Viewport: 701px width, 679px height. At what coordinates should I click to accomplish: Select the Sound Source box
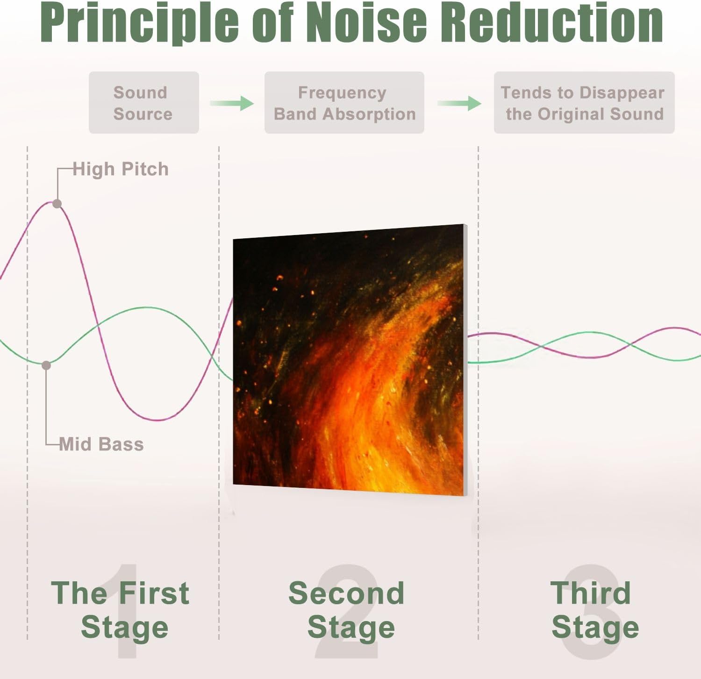144,103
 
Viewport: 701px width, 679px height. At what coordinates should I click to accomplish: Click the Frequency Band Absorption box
344,103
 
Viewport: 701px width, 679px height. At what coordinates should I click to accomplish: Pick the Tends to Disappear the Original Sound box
584,103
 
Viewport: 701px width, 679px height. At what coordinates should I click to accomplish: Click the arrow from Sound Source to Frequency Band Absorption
232,103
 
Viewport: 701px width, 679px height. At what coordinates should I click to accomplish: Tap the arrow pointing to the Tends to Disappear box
459,103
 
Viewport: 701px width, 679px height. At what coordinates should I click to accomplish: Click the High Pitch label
121,169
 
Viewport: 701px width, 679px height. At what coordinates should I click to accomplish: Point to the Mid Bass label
101,444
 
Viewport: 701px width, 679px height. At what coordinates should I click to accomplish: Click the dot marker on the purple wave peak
57,204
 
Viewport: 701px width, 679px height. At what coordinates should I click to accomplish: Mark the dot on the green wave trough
46,365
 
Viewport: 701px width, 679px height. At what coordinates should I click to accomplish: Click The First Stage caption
121,610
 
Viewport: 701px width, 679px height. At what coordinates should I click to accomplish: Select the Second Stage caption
347,610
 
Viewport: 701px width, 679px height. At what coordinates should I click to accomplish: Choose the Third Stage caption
594,610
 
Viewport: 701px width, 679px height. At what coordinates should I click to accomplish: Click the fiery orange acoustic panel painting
348,360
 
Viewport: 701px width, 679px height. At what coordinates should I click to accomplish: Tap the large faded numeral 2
347,612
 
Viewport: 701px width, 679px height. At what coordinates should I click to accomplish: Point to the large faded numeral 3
592,612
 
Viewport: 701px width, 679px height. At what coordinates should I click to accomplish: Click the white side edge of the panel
465,360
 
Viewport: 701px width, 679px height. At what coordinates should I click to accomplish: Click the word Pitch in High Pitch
145,169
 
